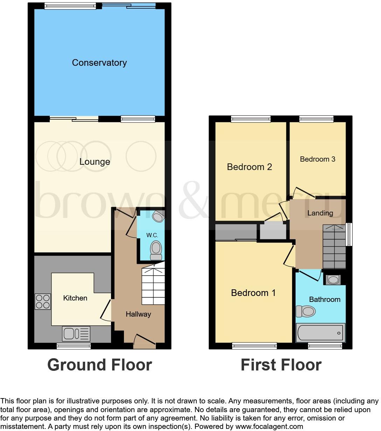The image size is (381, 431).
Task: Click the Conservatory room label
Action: point(99,63)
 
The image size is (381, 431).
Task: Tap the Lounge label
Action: point(95,162)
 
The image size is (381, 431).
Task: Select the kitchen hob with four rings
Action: point(42,302)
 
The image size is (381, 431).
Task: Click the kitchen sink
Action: point(76,333)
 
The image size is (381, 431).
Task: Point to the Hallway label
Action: point(138,314)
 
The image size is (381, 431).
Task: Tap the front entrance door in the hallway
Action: point(145,341)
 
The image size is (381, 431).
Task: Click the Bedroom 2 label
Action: point(249,167)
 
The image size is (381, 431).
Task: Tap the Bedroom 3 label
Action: point(318,159)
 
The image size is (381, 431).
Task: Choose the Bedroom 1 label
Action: point(253,293)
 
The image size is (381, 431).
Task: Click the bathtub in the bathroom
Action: point(320,333)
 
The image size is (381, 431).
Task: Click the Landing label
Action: point(320,213)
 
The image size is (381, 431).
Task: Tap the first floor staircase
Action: point(334,247)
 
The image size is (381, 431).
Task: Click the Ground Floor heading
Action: point(99,365)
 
